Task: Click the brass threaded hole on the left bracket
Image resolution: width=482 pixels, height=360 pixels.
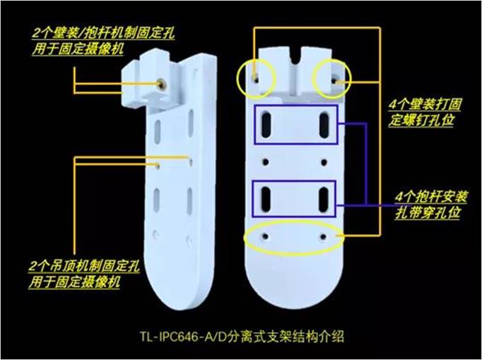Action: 161,83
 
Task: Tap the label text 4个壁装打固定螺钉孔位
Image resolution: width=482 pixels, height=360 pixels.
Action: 424,112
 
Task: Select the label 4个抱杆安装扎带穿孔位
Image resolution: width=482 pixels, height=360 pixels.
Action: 430,204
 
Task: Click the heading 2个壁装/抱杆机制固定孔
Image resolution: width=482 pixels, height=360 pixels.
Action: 104,33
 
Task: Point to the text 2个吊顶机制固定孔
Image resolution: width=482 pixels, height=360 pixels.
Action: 84,266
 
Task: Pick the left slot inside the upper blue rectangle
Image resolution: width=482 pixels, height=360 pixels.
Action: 266,125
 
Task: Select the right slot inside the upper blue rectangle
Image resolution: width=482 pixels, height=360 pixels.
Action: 324,125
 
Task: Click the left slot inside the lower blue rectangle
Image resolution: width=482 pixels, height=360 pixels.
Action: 266,199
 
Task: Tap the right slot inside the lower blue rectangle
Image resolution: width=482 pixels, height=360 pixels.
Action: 324,199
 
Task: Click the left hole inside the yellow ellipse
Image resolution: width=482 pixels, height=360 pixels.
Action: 265,237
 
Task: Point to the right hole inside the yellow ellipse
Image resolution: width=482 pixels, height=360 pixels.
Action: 323,237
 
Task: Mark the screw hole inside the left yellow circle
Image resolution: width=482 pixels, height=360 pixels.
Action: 256,79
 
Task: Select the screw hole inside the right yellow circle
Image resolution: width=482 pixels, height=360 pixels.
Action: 334,81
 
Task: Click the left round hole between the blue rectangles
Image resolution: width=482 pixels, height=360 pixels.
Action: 266,162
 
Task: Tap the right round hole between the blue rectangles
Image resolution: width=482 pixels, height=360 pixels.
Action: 324,162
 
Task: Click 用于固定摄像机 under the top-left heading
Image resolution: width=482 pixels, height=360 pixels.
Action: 78,49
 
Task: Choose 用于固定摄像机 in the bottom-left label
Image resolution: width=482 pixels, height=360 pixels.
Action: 74,281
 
